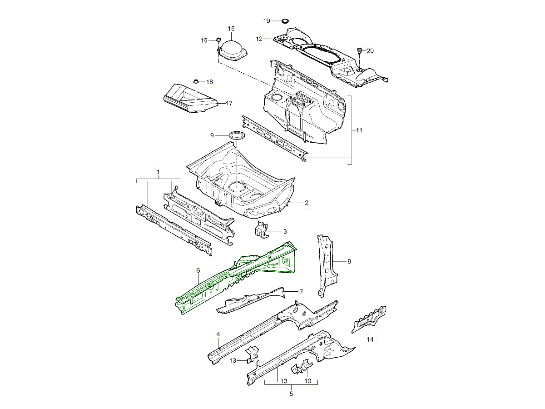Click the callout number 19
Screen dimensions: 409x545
pos(267,21)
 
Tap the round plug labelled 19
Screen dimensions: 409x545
pos(285,21)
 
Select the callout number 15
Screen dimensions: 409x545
pos(231,29)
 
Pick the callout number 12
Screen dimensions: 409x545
pos(259,39)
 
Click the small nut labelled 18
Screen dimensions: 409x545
pos(196,82)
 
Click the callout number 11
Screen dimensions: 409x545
pos(359,130)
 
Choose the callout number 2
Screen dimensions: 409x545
pos(307,203)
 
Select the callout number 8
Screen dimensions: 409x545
pos(349,261)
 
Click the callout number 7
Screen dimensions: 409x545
pos(301,291)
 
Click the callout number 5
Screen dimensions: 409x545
pos(291,394)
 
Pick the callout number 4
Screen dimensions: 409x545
pos(218,334)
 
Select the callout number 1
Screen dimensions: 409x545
pos(158,172)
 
